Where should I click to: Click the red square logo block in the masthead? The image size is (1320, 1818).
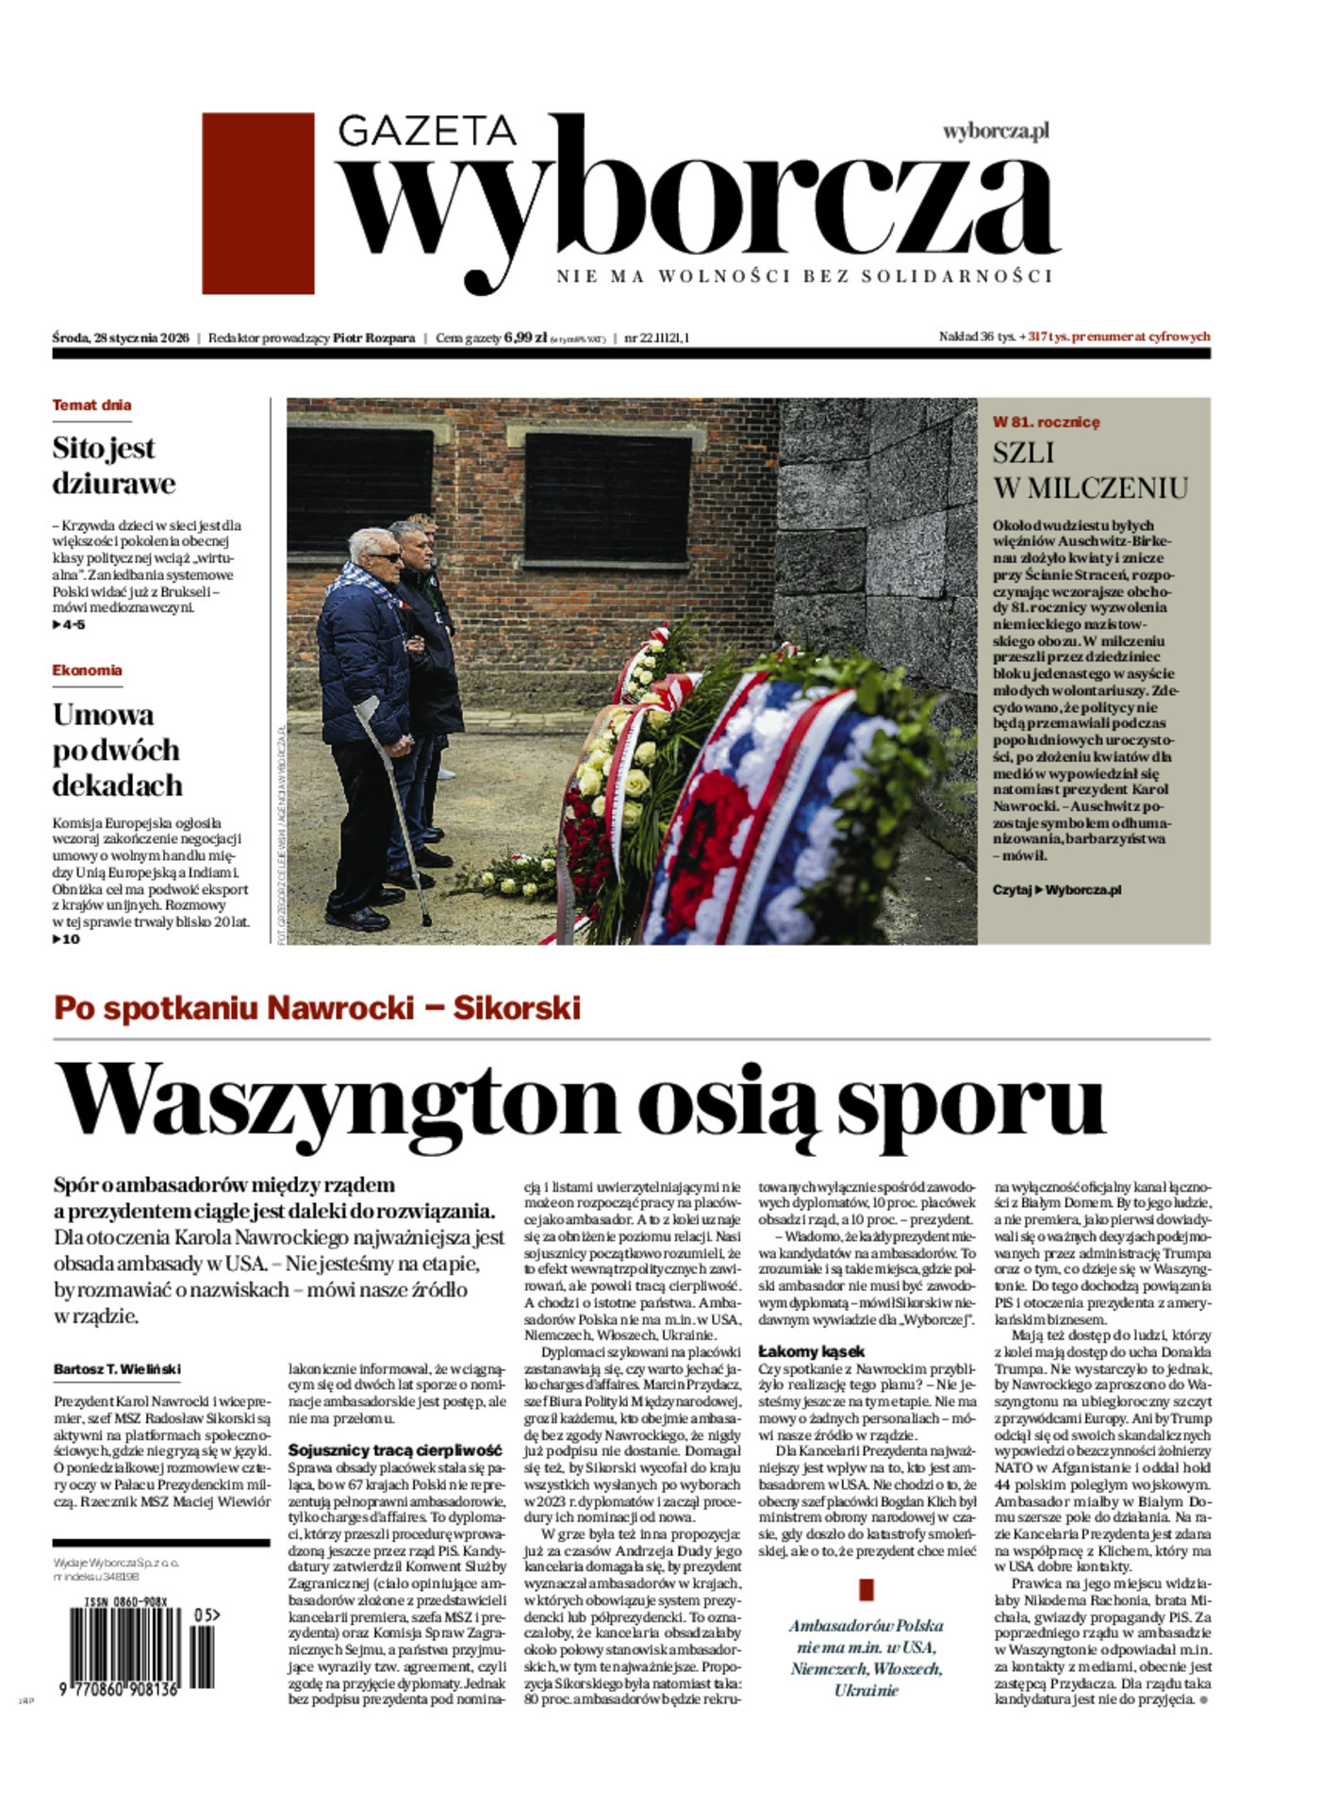click(x=257, y=203)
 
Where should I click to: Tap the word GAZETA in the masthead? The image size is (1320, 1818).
click(x=426, y=131)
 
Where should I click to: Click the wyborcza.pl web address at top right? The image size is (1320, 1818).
click(x=996, y=131)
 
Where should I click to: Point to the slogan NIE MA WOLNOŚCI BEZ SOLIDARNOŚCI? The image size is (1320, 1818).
click(x=803, y=276)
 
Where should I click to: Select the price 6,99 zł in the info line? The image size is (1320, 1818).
click(x=525, y=338)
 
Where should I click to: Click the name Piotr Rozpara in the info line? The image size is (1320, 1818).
click(x=373, y=338)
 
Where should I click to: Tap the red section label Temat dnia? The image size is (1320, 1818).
click(x=91, y=405)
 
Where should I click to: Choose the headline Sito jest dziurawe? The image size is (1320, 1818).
click(x=113, y=465)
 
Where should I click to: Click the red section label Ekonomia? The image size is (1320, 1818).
click(x=87, y=670)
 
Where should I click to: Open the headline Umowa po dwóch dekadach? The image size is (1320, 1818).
click(x=117, y=750)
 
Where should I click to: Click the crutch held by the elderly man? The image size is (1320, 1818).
click(x=396, y=802)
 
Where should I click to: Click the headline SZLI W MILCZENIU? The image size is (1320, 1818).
click(x=1089, y=470)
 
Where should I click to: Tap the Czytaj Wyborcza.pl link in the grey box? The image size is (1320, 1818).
click(x=1056, y=889)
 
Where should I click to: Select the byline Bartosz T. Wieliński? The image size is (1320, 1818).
click(x=117, y=1369)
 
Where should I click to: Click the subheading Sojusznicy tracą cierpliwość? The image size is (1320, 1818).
click(x=395, y=1450)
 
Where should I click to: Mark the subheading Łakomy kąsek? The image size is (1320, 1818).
click(x=811, y=1351)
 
